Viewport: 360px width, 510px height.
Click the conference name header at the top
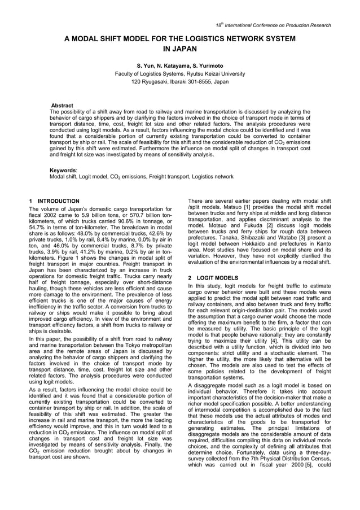click(x=274, y=25)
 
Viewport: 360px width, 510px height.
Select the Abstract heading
click(x=62, y=106)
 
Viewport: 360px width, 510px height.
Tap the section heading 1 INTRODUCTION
click(x=54, y=201)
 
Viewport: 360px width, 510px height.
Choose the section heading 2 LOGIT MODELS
click(x=213, y=278)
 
